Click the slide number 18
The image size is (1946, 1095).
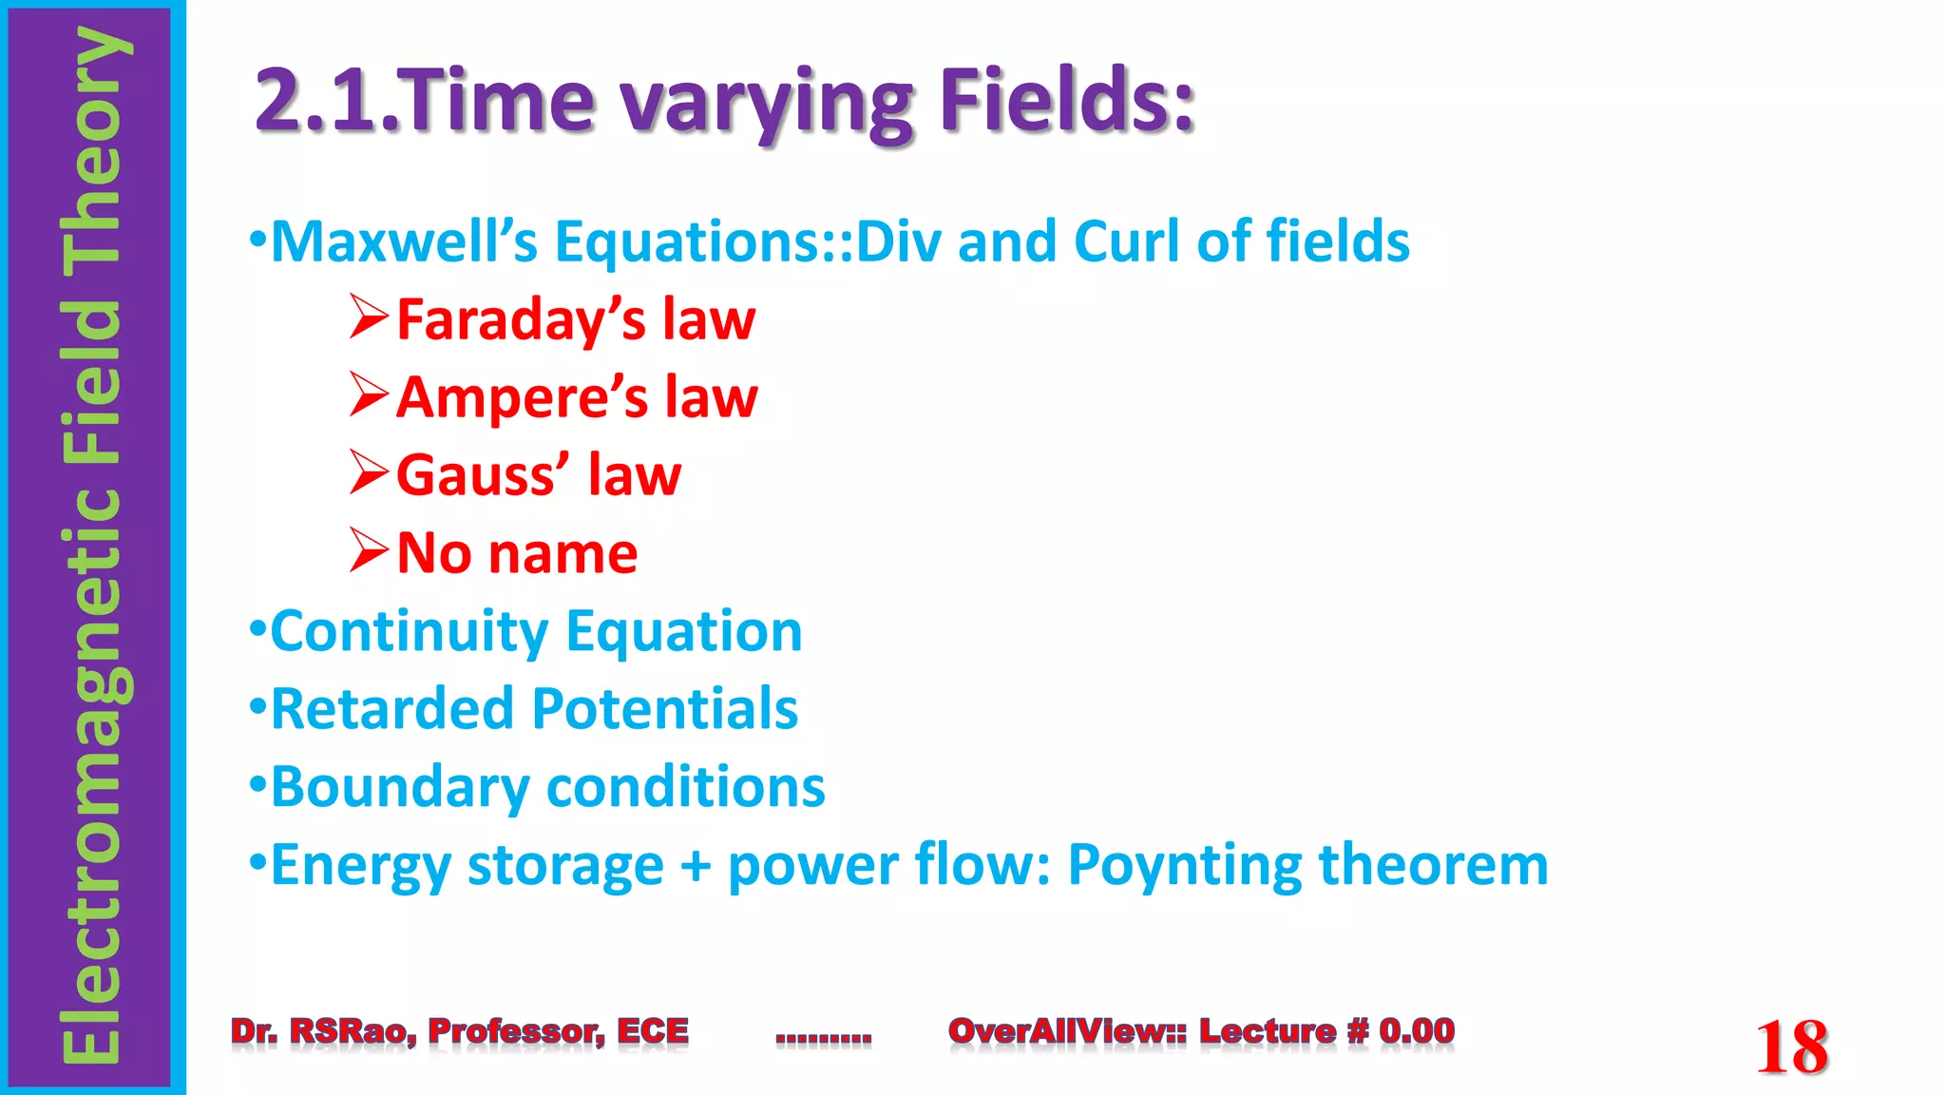click(1791, 1047)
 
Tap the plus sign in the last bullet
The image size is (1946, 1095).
click(696, 866)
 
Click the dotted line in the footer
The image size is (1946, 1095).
click(823, 1038)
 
